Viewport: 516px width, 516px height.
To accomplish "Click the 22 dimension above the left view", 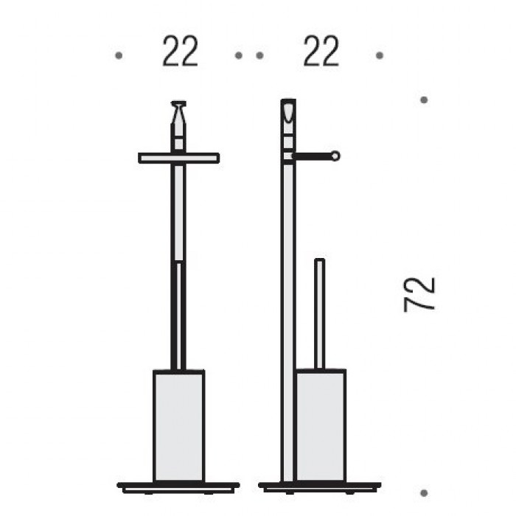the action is (181, 52).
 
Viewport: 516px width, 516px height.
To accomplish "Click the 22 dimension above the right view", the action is (321, 52).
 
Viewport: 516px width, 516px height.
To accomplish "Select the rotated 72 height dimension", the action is (419, 295).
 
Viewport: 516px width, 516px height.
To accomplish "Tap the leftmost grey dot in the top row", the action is (119, 55).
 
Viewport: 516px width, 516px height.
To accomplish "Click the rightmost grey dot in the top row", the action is (380, 55).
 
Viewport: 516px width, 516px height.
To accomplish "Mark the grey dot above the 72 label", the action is (424, 100).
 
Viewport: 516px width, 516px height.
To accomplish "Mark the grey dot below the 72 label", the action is (424, 493).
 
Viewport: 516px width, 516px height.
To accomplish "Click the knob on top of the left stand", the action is (178, 112).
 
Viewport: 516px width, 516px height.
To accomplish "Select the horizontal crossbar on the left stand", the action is (178, 158).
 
